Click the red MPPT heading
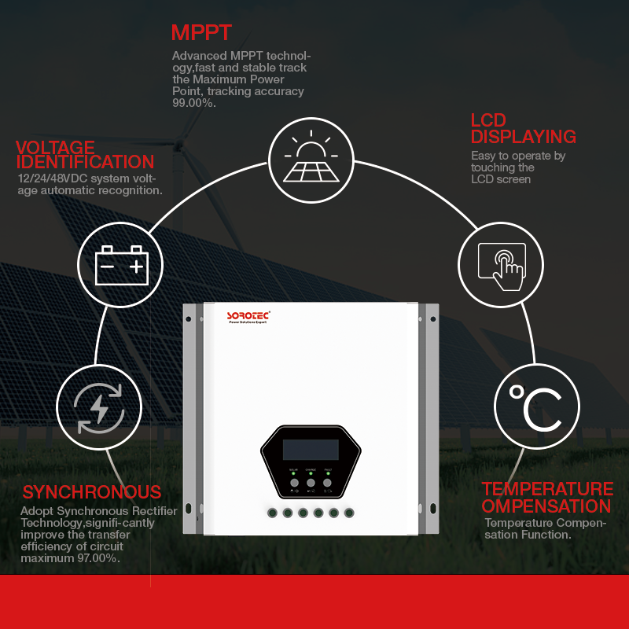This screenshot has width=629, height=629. tap(201, 33)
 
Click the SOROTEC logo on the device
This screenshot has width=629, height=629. tap(248, 315)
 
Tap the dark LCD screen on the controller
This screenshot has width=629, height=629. tap(311, 450)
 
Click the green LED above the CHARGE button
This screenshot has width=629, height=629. tap(311, 473)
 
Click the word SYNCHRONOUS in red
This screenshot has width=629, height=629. tap(91, 492)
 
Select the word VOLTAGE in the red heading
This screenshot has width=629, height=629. tap(55, 148)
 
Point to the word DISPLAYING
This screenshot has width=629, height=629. tap(524, 136)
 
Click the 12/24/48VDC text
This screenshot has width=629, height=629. tap(51, 178)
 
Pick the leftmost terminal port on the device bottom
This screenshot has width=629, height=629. tap(271, 513)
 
